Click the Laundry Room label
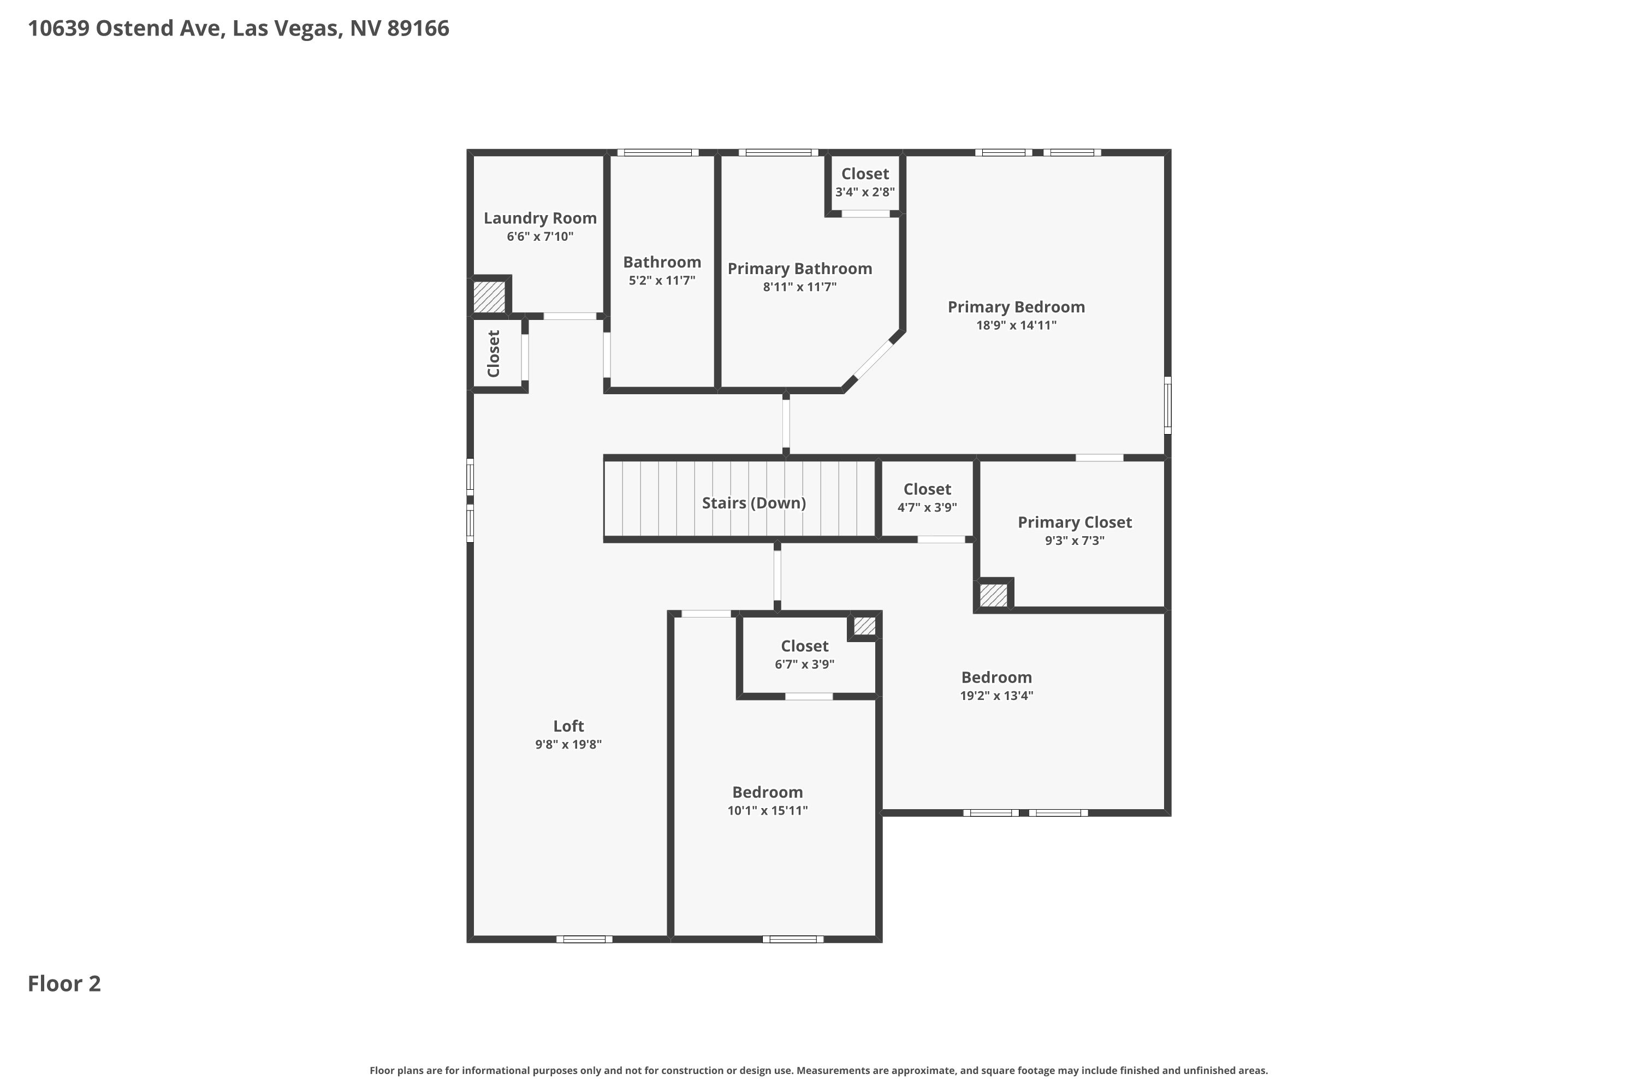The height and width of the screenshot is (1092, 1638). [540, 218]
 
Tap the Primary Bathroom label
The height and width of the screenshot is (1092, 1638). [799, 269]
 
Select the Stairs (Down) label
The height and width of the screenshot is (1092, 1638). [753, 503]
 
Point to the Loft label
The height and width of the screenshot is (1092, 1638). [568, 726]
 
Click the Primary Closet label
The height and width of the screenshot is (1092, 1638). [1075, 523]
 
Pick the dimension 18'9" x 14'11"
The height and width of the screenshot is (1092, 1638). [1016, 325]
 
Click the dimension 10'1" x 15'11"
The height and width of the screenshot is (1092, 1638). [768, 811]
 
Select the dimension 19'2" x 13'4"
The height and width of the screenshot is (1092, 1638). [996, 696]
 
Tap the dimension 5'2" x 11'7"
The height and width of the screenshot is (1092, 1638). [662, 281]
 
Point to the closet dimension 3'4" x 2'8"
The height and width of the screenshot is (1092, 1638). [865, 192]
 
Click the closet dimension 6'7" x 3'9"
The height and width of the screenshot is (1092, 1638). [804, 664]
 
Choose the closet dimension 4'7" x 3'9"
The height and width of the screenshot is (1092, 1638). [927, 508]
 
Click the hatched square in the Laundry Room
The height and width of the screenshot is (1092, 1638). [489, 296]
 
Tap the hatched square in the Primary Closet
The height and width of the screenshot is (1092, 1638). [993, 595]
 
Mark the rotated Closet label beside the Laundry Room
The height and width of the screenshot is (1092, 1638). [494, 354]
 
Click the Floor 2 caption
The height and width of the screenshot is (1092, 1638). [64, 983]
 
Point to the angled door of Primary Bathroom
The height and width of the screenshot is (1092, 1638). [873, 359]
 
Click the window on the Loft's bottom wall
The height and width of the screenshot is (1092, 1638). [584, 939]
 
